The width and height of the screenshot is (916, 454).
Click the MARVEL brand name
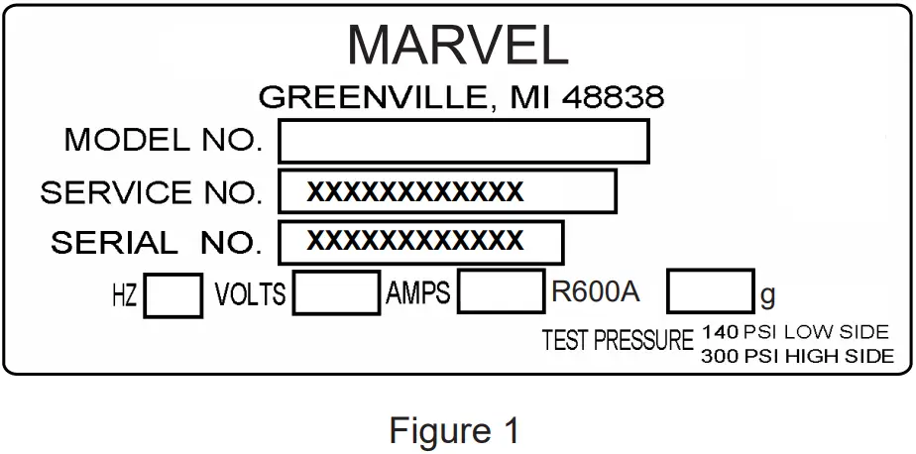tap(457, 45)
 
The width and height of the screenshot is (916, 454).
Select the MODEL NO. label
tap(164, 141)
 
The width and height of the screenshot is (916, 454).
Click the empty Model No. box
tap(463, 141)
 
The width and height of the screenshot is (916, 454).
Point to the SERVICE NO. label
tap(152, 192)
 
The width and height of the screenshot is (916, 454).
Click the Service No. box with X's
tap(447, 192)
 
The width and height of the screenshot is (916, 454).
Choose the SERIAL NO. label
tap(157, 243)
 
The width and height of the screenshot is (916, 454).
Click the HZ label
tap(125, 295)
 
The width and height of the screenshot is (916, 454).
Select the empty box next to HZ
tap(173, 295)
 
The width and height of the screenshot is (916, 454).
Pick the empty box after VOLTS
tap(336, 294)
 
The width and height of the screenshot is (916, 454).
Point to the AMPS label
tap(417, 293)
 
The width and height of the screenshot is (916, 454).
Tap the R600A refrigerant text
tap(596, 293)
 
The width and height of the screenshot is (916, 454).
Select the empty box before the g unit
tap(710, 293)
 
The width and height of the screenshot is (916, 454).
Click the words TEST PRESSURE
tap(618, 342)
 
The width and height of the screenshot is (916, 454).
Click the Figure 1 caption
tap(454, 431)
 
